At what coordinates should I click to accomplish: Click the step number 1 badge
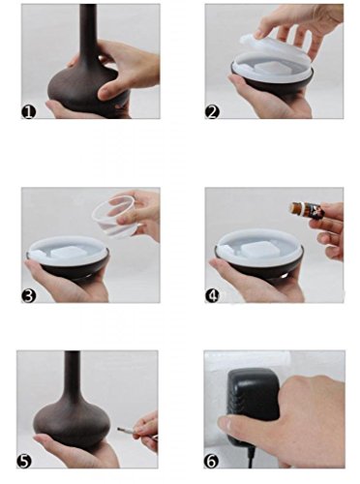pyautogui.click(x=29, y=112)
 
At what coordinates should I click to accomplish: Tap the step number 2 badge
pyautogui.click(x=212, y=112)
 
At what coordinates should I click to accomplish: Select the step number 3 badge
pyautogui.click(x=29, y=296)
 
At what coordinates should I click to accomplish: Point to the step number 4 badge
pyautogui.click(x=212, y=296)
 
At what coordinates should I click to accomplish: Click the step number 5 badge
pyautogui.click(x=24, y=462)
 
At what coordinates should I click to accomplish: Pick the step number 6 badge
pyautogui.click(x=211, y=462)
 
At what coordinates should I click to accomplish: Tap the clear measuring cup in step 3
pyautogui.click(x=114, y=217)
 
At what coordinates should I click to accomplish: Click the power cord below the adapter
pyautogui.click(x=251, y=458)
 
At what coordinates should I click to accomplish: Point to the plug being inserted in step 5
pyautogui.click(x=127, y=430)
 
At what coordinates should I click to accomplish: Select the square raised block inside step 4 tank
pyautogui.click(x=257, y=250)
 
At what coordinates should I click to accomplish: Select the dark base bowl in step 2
pyautogui.click(x=272, y=79)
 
